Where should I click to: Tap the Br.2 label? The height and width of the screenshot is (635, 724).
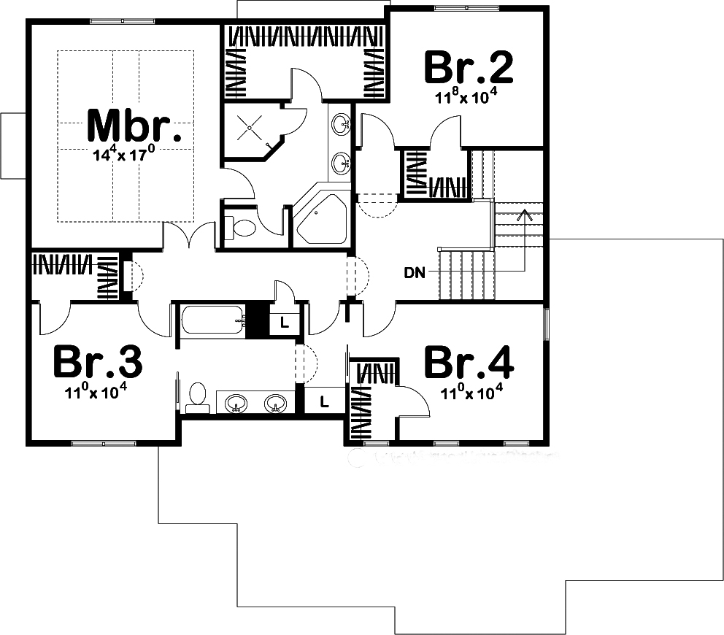pyautogui.click(x=469, y=68)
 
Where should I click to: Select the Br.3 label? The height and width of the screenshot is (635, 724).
pyautogui.click(x=98, y=361)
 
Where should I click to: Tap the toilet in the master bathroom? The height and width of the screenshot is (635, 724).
pyautogui.click(x=242, y=227)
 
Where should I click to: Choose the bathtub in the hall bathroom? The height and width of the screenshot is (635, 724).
pyautogui.click(x=212, y=320)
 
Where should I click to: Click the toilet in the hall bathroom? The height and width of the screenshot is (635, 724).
pyautogui.click(x=196, y=395)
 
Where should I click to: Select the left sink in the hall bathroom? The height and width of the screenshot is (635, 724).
pyautogui.click(x=236, y=403)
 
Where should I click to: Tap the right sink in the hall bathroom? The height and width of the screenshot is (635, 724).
pyautogui.click(x=275, y=403)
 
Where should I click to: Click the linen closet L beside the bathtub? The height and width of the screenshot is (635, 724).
pyautogui.click(x=283, y=322)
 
